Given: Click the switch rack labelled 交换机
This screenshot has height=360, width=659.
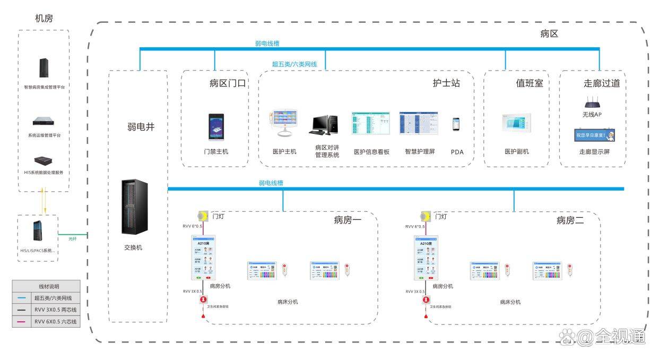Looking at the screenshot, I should coord(134,207).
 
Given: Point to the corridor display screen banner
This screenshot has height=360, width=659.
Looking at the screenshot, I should coord(595,135).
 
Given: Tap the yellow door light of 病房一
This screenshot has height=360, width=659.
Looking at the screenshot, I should coord(202,216).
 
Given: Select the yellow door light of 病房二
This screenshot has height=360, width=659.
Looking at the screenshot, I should coord(424,216).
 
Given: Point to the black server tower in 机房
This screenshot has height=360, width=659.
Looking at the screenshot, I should coord(44,67).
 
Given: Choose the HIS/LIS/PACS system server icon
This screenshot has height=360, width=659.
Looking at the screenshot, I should coord(37,230).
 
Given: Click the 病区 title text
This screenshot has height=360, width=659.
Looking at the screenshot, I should coord(549,34).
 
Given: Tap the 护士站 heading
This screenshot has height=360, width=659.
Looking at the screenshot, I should coord(446,83).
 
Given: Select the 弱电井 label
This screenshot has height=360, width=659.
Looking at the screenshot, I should coord(140,126).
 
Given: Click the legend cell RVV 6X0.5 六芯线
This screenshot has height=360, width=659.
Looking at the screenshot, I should coord(55,321).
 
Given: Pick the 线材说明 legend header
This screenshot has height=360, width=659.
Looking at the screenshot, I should coord(46,286).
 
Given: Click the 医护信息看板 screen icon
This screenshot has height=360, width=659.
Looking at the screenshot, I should coord(370,123).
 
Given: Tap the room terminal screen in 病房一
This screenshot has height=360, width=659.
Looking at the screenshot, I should coord(205,258).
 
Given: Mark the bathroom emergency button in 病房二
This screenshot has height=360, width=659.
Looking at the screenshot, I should coord(426,301).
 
